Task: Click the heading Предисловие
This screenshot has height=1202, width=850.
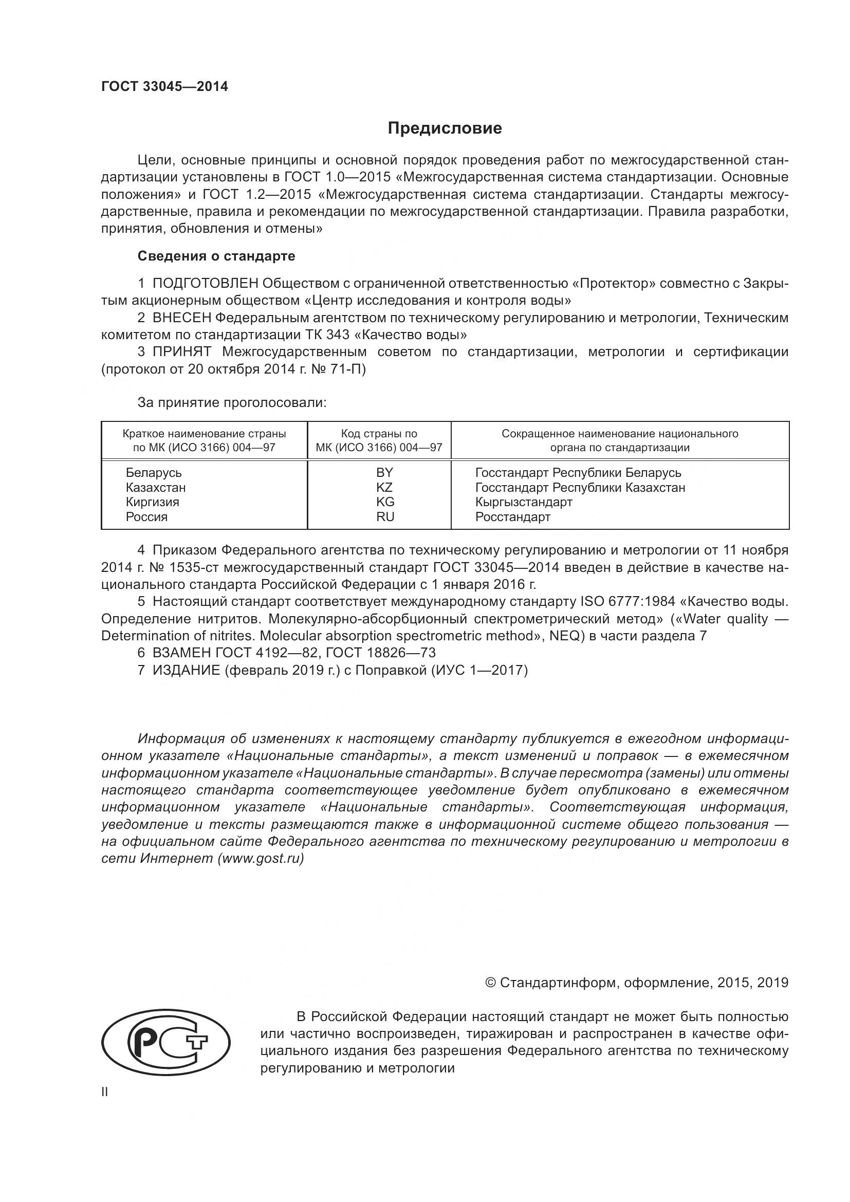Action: click(445, 128)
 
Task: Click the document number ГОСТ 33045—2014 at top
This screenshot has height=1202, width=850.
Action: click(164, 87)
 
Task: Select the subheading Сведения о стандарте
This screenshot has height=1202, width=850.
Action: click(216, 256)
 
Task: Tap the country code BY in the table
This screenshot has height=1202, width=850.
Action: click(384, 472)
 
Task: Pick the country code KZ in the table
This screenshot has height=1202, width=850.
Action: click(384, 487)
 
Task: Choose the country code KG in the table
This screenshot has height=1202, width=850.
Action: click(385, 502)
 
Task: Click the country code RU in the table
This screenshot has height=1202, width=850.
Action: click(385, 516)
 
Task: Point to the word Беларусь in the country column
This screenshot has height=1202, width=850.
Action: click(153, 472)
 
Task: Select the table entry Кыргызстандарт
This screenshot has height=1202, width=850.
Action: click(523, 502)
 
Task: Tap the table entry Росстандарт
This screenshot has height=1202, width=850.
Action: click(512, 516)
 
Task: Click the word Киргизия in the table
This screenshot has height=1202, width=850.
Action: click(152, 502)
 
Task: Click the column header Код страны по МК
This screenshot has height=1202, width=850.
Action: click(379, 440)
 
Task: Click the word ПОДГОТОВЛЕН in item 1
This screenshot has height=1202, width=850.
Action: click(205, 283)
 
